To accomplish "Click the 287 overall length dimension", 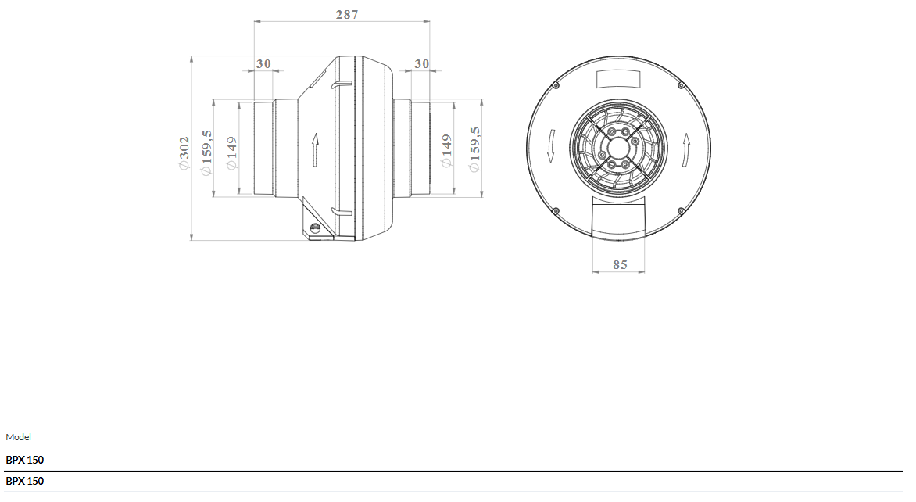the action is (x=347, y=14).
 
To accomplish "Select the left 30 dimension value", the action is (x=263, y=63).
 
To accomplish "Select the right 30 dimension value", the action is (x=422, y=63).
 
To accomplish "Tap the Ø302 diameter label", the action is (x=184, y=152).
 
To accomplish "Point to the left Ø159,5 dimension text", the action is (x=206, y=152).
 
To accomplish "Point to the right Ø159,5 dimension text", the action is (x=474, y=149).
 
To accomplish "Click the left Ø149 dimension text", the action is (x=231, y=153).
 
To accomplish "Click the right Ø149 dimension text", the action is (x=446, y=151).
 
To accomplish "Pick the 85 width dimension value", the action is (x=620, y=265).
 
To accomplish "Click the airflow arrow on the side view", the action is (x=316, y=149).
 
